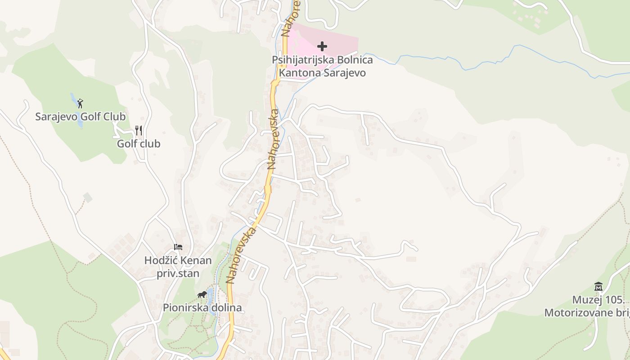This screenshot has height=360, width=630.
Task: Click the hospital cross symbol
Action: coord(322,46)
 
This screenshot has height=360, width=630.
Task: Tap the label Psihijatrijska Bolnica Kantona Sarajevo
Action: coord(322,66)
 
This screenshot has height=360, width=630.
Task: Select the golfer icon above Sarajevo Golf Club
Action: coord(80,103)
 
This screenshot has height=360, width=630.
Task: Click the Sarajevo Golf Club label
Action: coord(81,117)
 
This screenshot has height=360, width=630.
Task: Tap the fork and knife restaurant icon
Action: coord(139,130)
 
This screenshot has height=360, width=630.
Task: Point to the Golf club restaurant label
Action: coord(139,144)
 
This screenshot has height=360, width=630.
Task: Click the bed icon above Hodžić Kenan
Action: coord(178,247)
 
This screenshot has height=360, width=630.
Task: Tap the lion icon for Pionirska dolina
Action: coord(202,295)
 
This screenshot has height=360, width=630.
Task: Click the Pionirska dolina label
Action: coord(202,308)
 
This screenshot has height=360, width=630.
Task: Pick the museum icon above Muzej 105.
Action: coord(598,286)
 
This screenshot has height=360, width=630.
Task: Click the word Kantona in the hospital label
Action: coord(300,73)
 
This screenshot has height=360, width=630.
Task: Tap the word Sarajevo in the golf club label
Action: coord(57,117)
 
